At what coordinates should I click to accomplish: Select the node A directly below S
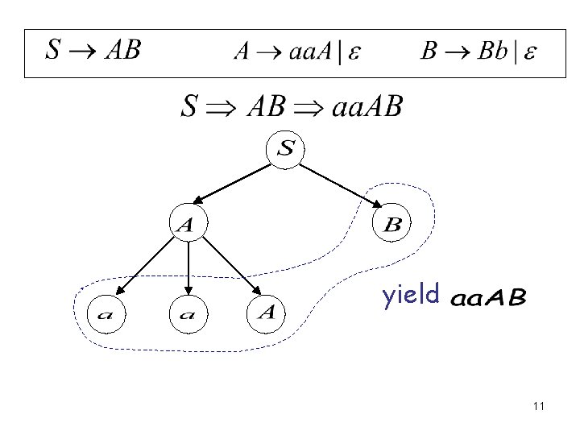coord(187,225)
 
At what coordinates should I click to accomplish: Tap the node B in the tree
coord(391,225)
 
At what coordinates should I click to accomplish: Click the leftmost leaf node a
coord(105,314)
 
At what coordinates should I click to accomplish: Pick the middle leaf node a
coord(187,314)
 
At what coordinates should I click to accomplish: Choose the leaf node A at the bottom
coord(268,313)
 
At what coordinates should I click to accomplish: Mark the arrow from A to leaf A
coord(229,268)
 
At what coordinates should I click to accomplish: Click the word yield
coord(411,296)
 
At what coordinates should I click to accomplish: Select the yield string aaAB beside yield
coord(487,299)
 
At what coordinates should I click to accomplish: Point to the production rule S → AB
coord(93,51)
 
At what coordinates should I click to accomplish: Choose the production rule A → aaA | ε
coord(297,52)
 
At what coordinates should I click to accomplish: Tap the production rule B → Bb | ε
coord(479,52)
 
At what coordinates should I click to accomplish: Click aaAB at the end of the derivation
coord(367,106)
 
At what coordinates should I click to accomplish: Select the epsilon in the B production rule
coord(530,54)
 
